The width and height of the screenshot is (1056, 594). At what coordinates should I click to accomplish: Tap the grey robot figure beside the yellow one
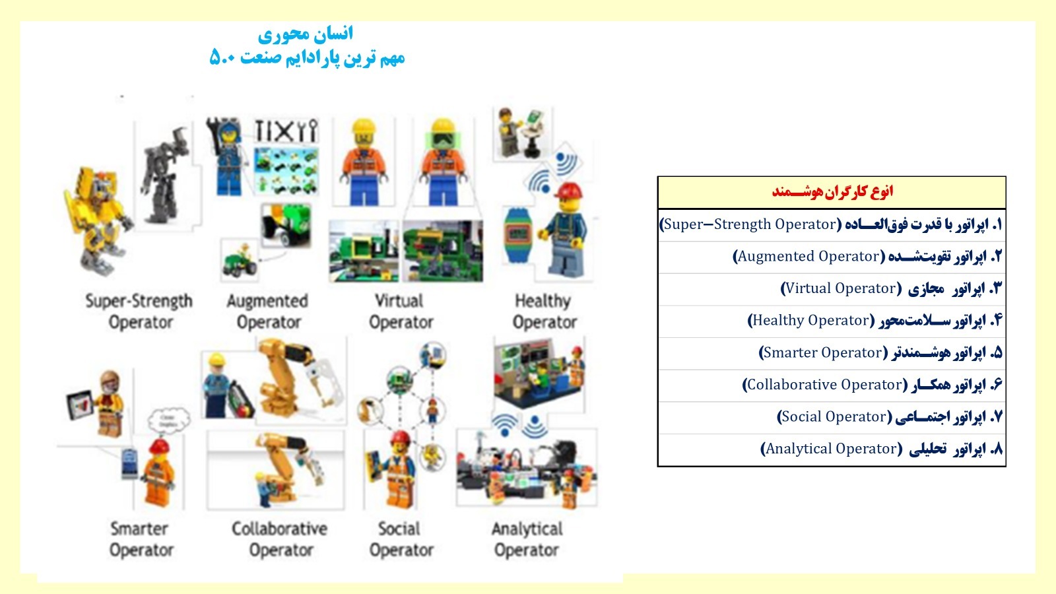tap(165, 174)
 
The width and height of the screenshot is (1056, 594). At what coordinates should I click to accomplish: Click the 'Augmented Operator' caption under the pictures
tap(268, 311)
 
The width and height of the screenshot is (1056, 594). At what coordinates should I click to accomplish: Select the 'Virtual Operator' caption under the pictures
tap(400, 311)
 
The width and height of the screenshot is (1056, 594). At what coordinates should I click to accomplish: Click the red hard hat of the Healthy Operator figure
tap(569, 190)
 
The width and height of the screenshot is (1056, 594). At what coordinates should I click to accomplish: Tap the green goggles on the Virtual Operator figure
tap(443, 140)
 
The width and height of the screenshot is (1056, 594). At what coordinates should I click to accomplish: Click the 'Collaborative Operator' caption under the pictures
tap(280, 539)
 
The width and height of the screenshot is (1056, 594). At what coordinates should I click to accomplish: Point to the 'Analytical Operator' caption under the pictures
tap(527, 539)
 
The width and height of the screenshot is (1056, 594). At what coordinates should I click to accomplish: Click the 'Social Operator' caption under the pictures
tap(401, 539)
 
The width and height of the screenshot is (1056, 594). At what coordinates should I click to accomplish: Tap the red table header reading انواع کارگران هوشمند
tap(832, 191)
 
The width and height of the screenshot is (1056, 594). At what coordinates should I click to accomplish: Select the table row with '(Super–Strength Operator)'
tap(832, 225)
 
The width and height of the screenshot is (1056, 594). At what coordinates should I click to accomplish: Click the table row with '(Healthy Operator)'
tap(832, 321)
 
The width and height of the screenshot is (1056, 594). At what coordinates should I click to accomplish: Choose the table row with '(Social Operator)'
tap(832, 417)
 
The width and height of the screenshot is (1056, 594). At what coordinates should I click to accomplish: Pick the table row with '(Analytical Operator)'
tap(832, 449)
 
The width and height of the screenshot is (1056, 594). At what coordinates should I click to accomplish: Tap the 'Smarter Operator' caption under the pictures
tap(141, 539)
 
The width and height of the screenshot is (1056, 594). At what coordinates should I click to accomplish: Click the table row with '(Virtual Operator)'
tap(832, 289)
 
